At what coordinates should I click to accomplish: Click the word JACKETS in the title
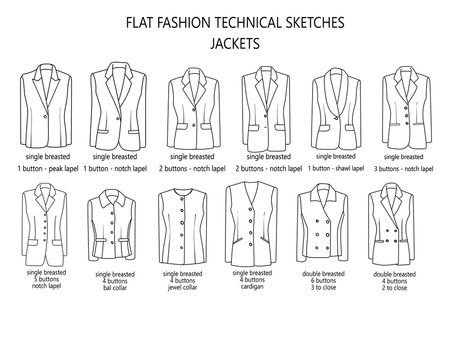point(225,44)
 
